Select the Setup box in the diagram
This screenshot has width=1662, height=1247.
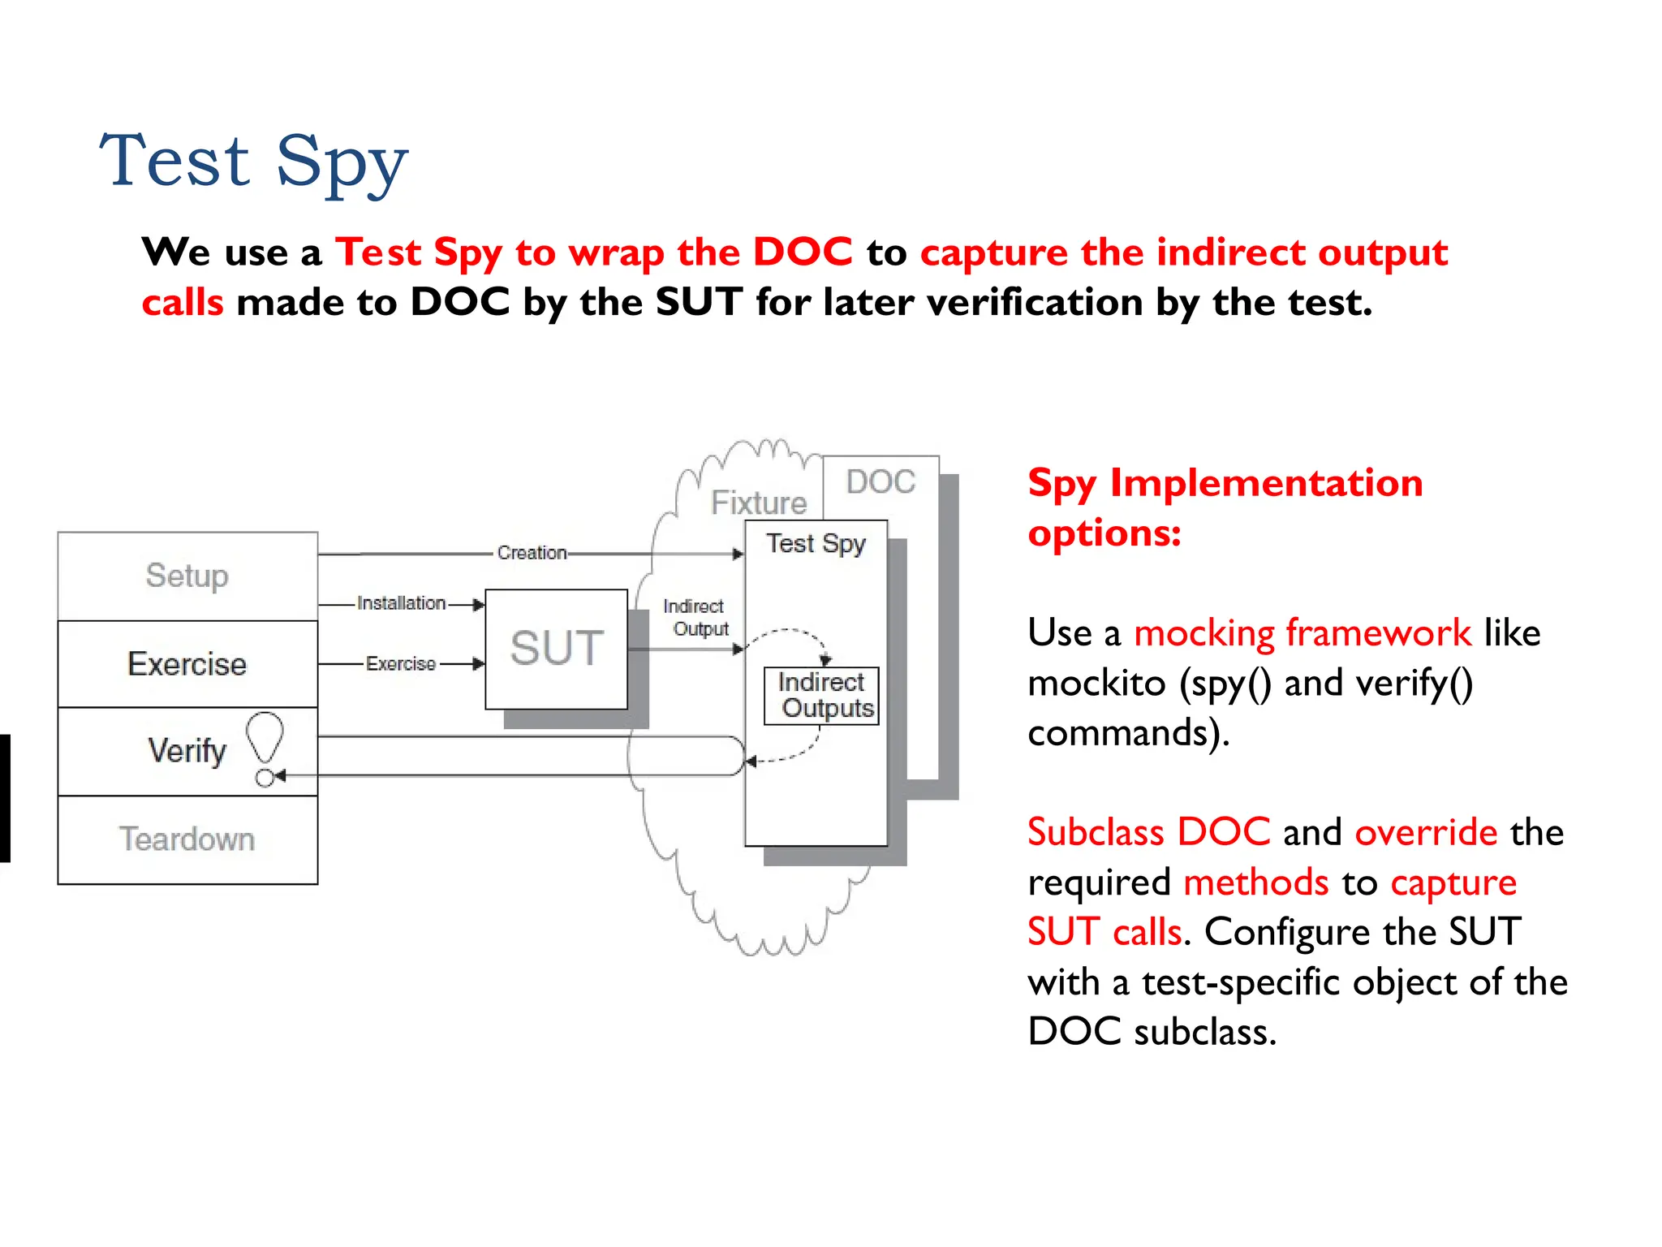coord(187,576)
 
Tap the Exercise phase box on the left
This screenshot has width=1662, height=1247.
coord(187,664)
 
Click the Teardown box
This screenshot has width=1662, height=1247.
coord(187,839)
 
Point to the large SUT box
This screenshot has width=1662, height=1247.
coord(557,649)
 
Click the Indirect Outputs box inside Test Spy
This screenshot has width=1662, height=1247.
coord(822,695)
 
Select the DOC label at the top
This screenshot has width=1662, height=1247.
coord(881,482)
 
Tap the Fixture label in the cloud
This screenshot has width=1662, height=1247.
coord(759,503)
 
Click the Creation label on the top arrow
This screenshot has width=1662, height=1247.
coord(532,553)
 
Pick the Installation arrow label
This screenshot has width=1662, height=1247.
coord(401,603)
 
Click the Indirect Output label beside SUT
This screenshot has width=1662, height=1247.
coord(695,618)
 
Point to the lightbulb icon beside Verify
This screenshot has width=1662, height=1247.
coord(265,736)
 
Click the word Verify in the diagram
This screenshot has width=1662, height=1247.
coord(187,751)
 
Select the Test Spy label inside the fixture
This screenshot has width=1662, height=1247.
coord(816,544)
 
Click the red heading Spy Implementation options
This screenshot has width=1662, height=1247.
coord(1225,507)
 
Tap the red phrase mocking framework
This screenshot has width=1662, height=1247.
coord(1302,633)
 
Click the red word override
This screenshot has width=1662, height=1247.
coord(1425,832)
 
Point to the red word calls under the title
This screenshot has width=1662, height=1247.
coord(183,303)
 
